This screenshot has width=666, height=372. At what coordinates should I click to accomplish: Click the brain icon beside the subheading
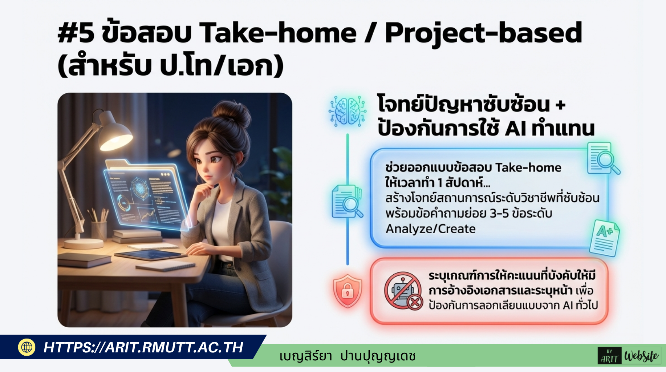pyautogui.click(x=347, y=111)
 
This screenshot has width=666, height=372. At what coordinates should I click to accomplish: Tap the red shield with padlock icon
pyautogui.click(x=348, y=291)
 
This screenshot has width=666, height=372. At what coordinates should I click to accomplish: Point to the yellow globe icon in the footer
pyautogui.click(x=27, y=347)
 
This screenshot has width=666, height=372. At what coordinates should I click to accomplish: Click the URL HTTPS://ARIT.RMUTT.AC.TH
pyautogui.click(x=143, y=347)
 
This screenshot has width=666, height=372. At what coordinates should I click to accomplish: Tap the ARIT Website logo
pyautogui.click(x=629, y=356)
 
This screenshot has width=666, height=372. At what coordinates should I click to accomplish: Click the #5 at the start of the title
pyautogui.click(x=76, y=33)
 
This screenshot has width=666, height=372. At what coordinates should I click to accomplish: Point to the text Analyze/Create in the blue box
pyautogui.click(x=430, y=229)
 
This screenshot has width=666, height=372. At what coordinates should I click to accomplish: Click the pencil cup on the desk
pyautogui.click(x=98, y=229)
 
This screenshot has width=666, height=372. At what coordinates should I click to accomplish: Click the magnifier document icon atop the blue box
pyautogui.click(x=603, y=158)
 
